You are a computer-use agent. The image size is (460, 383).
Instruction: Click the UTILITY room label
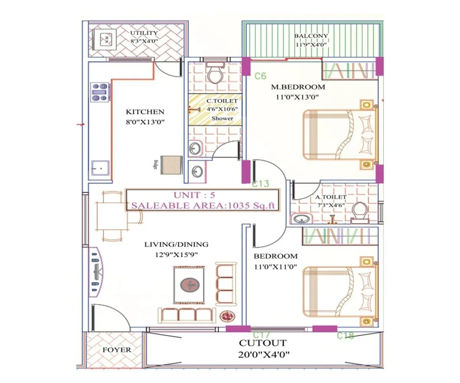click(x=144, y=33)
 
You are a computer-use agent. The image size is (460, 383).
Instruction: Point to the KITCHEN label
click(x=145, y=112)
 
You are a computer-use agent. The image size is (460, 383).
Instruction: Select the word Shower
click(x=222, y=118)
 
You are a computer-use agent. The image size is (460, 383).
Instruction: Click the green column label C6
click(x=260, y=76)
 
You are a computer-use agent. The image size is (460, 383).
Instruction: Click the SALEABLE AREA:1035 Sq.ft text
click(x=203, y=205)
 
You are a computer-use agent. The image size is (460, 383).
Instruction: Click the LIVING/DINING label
click(x=176, y=244)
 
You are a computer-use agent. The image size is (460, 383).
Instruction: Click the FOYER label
click(x=117, y=350)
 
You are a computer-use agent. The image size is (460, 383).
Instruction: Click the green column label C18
click(x=345, y=336)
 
